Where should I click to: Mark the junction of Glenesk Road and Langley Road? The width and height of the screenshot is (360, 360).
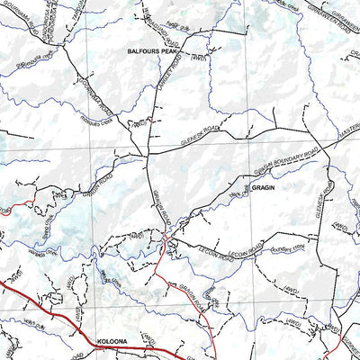click(148, 151)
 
